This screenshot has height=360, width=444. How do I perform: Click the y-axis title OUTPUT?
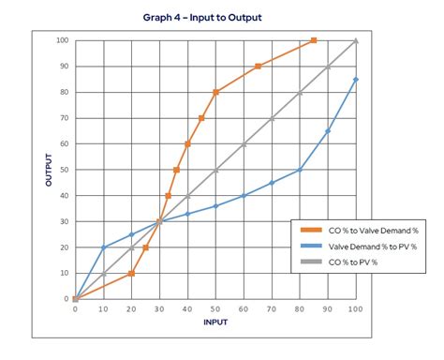click(x=48, y=170)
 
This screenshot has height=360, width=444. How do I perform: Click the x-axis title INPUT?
click(x=216, y=322)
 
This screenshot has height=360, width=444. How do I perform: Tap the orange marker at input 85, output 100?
click(x=314, y=40)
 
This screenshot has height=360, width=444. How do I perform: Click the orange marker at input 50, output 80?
click(x=215, y=92)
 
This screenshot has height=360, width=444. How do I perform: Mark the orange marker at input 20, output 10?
click(x=131, y=274)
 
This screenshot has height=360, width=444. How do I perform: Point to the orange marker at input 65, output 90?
click(x=258, y=67)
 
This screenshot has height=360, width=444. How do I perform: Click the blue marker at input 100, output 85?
click(x=356, y=80)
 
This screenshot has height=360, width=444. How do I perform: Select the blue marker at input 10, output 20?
click(x=103, y=247)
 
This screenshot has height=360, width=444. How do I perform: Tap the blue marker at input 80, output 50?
click(x=300, y=170)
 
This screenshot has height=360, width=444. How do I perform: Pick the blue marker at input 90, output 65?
click(x=328, y=131)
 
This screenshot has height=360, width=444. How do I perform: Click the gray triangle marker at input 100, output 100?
click(x=356, y=40)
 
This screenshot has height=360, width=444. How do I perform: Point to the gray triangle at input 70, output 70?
click(x=272, y=118)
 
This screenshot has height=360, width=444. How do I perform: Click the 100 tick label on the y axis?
click(x=62, y=40)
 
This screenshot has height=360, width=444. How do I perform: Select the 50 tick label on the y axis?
click(x=64, y=170)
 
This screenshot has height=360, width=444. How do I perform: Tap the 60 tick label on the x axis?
click(x=244, y=308)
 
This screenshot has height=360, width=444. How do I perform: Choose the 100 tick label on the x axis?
click(x=356, y=308)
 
